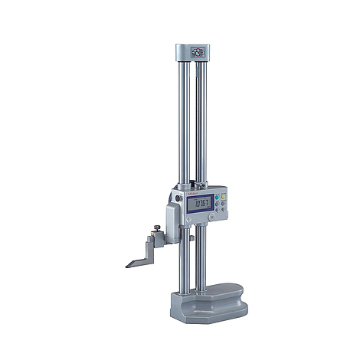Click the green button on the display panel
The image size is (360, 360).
tap(217, 196)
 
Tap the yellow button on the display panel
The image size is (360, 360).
tap(223, 196)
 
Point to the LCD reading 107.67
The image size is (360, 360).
tap(203, 203)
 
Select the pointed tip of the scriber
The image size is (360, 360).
tap(128, 267)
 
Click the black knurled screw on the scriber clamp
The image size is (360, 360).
tap(156, 226)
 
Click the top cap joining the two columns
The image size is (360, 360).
tap(196, 54)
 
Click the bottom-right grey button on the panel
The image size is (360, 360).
tap(223, 210)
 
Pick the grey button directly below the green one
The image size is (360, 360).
tap(217, 203)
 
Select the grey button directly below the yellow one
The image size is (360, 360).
tap(223, 203)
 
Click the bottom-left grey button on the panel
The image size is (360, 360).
tap(217, 210)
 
